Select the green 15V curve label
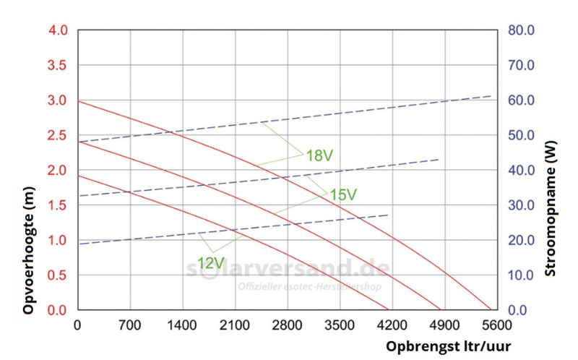click(x=343, y=194)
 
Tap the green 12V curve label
click(x=210, y=262)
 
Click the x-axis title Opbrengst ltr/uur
click(x=449, y=346)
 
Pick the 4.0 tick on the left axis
click(x=58, y=31)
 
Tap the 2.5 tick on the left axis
click(x=58, y=136)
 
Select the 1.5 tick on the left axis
click(x=58, y=205)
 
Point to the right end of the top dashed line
click(x=491, y=96)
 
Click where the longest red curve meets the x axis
click(x=491, y=310)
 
